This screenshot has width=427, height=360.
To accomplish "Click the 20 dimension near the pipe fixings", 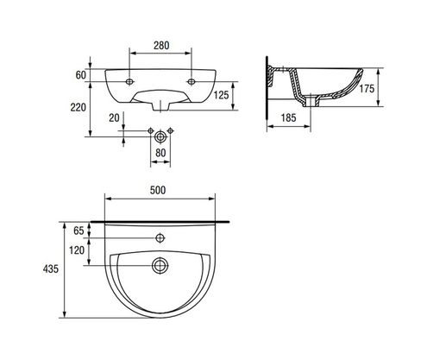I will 114,118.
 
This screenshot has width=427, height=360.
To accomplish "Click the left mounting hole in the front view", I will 128,82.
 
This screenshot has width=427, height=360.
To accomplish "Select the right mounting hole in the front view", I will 192,82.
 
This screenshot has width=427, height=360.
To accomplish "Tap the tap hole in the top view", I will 160,237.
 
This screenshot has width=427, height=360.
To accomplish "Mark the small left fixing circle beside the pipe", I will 148,131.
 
